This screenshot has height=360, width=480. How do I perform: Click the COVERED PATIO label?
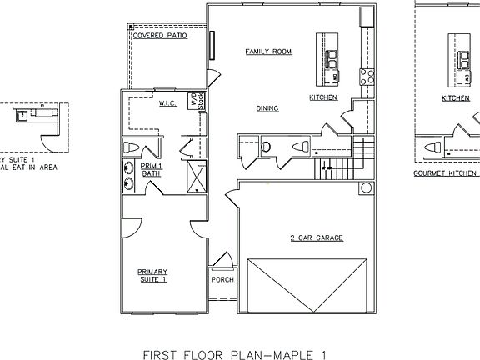[x=159, y=37]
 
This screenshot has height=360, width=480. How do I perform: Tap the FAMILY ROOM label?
[x=268, y=52]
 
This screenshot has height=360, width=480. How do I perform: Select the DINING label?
[x=267, y=108]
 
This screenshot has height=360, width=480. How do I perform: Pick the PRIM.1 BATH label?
[x=150, y=169]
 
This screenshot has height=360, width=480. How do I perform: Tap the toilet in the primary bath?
[x=131, y=148]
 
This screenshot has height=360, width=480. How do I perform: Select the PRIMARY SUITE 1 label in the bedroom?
[x=152, y=275]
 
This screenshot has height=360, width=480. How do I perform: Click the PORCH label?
[x=222, y=279]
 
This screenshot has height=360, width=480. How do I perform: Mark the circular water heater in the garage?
[x=365, y=188]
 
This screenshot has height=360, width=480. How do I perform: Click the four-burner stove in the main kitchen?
[x=365, y=77]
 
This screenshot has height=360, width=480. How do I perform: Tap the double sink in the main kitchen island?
[x=332, y=58]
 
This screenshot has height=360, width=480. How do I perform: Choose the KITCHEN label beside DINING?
[x=322, y=97]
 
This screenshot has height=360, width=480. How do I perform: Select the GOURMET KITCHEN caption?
[x=446, y=174]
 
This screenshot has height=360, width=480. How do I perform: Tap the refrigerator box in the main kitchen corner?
[x=365, y=17]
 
